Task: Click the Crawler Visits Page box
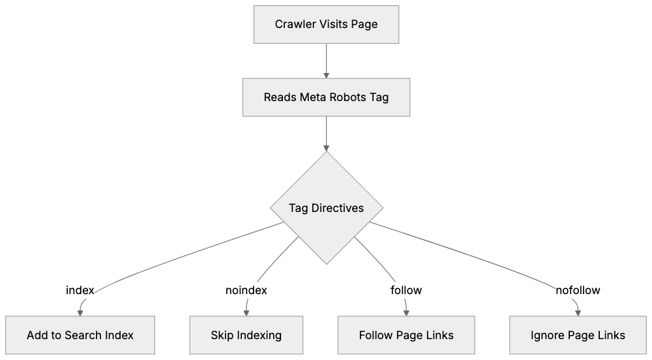326,25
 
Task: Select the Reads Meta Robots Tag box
326,98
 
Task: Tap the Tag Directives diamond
326,209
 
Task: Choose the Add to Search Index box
80,335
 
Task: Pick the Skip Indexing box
246,335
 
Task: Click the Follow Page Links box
406,335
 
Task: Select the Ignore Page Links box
578,335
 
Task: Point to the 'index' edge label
81,290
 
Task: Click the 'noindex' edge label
246,290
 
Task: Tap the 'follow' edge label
406,290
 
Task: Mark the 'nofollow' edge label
578,290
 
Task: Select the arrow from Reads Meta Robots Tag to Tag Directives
326,134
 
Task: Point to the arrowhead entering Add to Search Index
80,312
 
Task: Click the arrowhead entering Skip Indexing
246,312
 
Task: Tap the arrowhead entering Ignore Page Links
578,312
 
